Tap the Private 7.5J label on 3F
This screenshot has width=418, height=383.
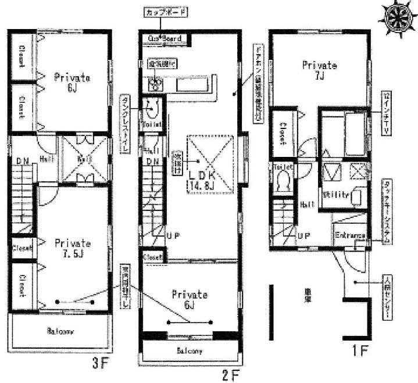click(72, 249)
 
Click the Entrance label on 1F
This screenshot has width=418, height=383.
click(349, 236)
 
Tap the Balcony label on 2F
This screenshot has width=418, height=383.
click(190, 351)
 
